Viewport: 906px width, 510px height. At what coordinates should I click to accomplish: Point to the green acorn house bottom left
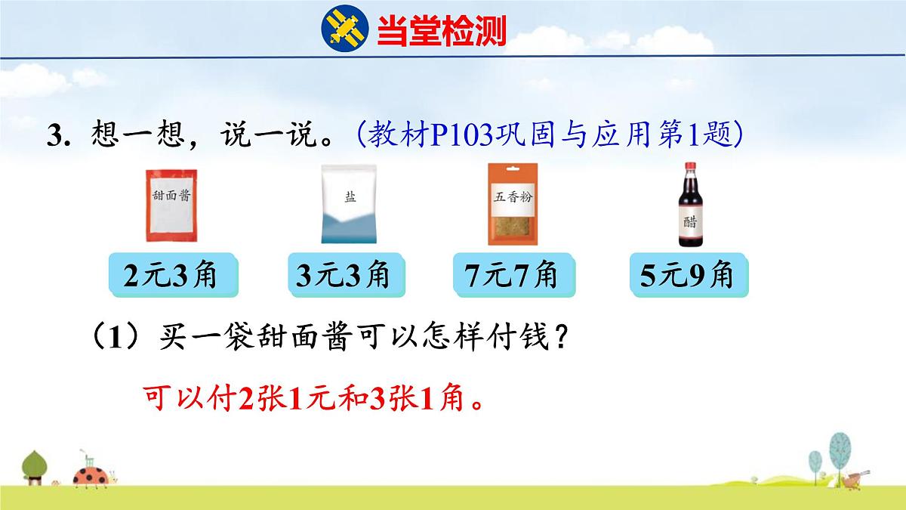click(x=34, y=467)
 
